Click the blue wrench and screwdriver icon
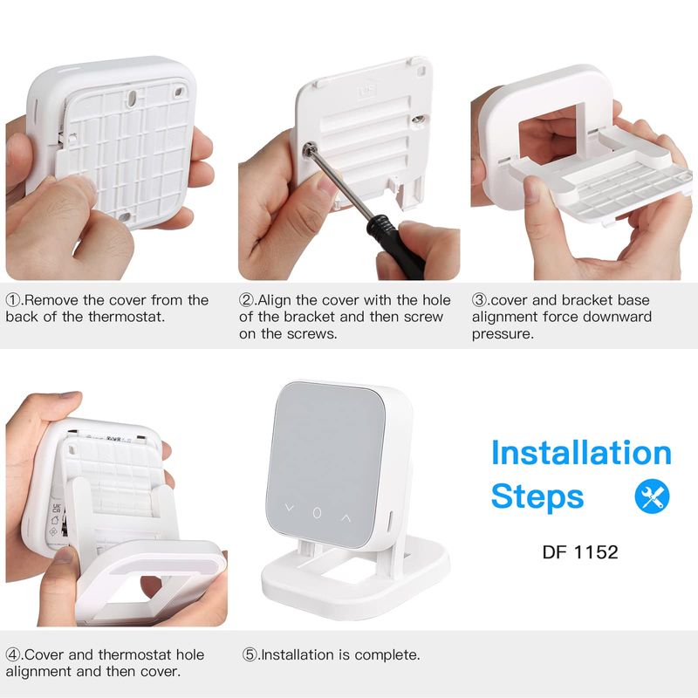(652, 496)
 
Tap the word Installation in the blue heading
(581, 453)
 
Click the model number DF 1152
(580, 552)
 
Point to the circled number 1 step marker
(12, 300)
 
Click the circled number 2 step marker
(246, 300)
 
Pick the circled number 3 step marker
(479, 300)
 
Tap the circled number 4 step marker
(12, 655)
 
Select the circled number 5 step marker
(250, 655)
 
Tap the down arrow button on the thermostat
(290, 508)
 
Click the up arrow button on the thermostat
(346, 517)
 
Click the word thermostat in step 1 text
(126, 317)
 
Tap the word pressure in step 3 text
(503, 335)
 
